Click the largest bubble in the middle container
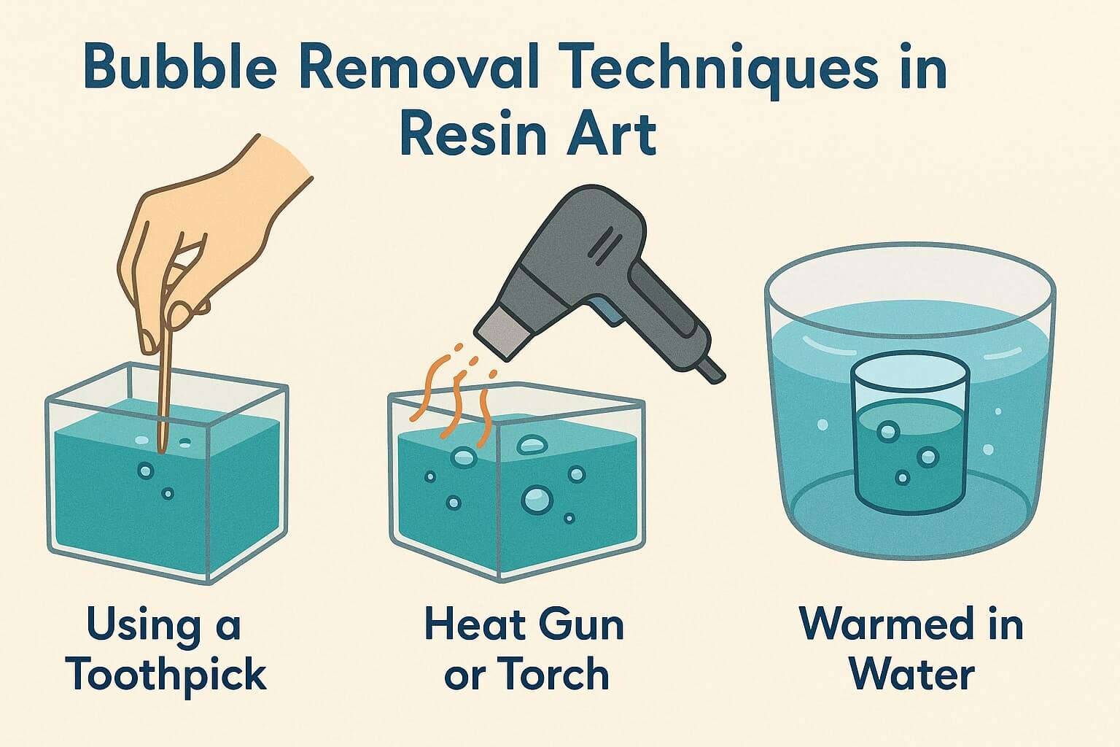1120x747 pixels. click(537, 499)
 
